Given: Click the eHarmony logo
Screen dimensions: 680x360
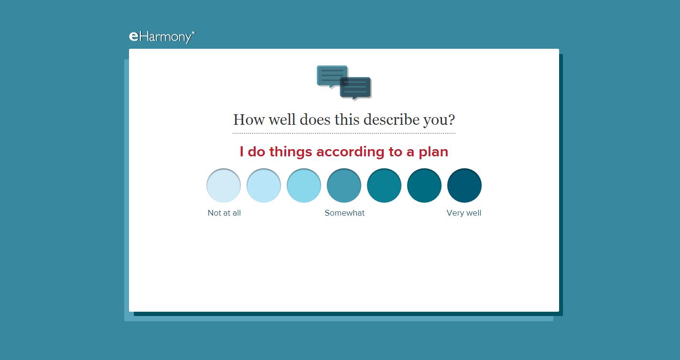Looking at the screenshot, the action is pyautogui.click(x=162, y=37).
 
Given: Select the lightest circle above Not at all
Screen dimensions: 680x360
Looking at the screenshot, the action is pyautogui.click(x=224, y=185).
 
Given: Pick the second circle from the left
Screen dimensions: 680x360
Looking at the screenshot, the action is pyautogui.click(x=264, y=185).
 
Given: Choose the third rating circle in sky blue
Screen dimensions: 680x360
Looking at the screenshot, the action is pyautogui.click(x=304, y=185).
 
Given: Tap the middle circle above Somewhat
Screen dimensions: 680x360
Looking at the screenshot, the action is pyautogui.click(x=344, y=185).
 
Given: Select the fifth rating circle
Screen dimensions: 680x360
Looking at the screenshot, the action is pyautogui.click(x=384, y=185).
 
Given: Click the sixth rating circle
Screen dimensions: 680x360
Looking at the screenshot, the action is pyautogui.click(x=424, y=185).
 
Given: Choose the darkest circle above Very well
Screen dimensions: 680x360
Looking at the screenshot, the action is pyautogui.click(x=464, y=185).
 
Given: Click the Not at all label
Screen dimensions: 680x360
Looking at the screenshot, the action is pyautogui.click(x=224, y=213).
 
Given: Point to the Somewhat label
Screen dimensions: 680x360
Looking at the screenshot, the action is pyautogui.click(x=345, y=213).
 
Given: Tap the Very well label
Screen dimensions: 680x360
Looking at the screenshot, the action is pyautogui.click(x=464, y=213).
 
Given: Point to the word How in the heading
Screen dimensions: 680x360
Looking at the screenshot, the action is pyautogui.click(x=249, y=120).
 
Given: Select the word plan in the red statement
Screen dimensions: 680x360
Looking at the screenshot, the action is pyautogui.click(x=433, y=152).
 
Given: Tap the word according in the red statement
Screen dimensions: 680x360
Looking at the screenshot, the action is pyautogui.click(x=350, y=152).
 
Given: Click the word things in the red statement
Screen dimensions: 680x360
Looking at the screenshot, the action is pyautogui.click(x=291, y=152).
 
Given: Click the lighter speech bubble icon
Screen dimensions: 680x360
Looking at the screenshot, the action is pyautogui.click(x=332, y=76).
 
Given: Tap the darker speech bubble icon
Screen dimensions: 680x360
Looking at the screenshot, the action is pyautogui.click(x=356, y=88).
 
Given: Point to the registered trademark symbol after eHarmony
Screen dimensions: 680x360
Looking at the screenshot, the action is pyautogui.click(x=194, y=32).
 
